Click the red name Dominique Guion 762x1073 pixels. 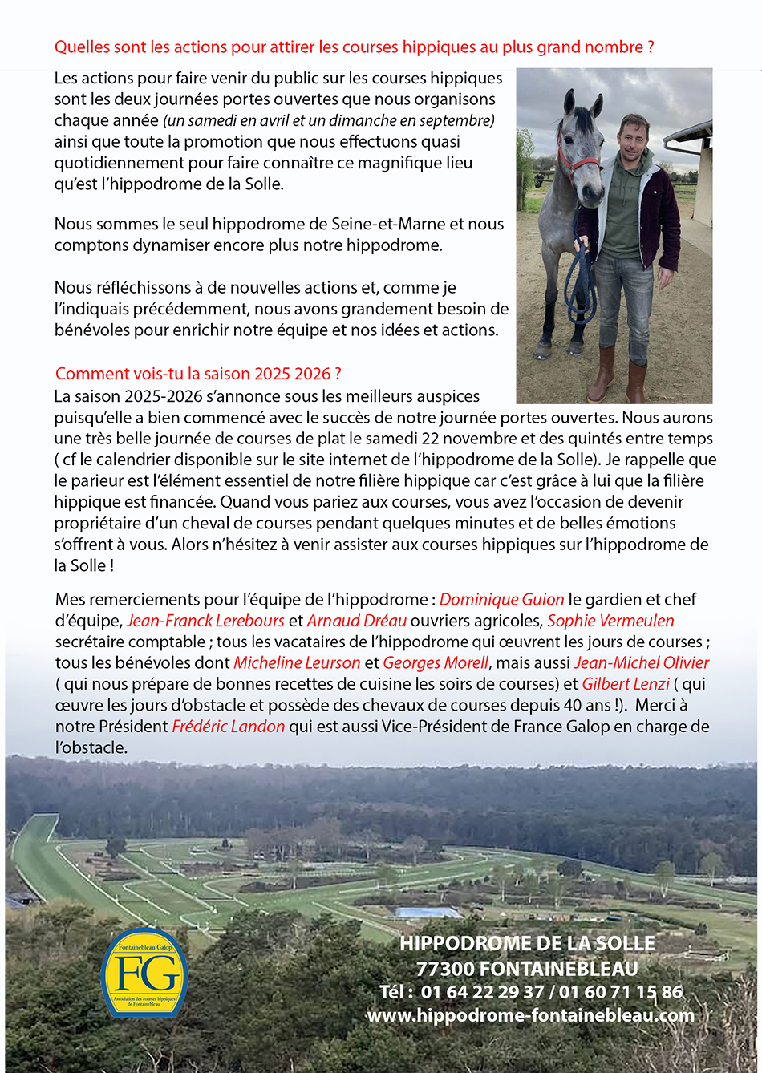501,600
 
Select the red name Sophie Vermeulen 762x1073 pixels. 610,621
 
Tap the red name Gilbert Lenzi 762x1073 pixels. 626,684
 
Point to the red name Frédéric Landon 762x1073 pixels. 229,727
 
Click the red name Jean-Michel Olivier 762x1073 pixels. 642,663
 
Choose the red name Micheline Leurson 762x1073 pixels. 297,663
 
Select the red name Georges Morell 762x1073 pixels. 436,663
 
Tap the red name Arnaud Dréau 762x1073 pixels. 357,621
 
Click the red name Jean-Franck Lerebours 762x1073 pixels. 205,621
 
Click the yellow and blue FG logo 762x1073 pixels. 144,973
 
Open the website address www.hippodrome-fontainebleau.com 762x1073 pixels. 530,1015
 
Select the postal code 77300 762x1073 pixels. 446,969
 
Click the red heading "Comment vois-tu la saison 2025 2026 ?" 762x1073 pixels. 198,374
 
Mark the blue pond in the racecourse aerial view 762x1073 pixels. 425,913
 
